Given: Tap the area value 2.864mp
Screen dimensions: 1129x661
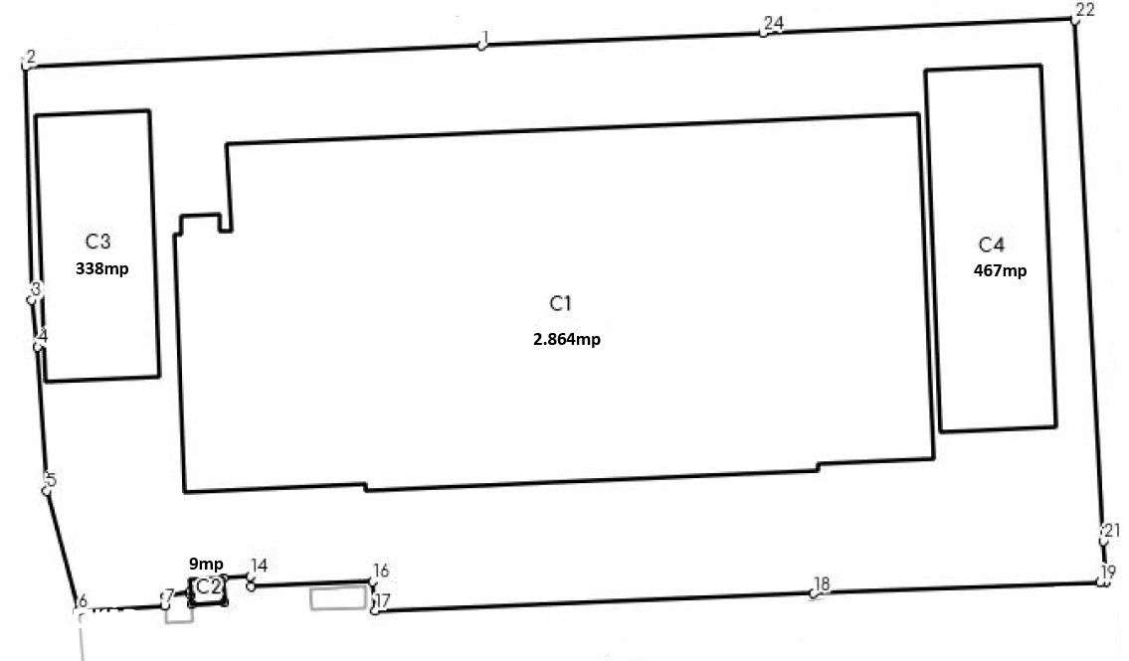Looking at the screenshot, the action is pos(566,339).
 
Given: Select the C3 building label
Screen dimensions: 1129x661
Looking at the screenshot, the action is pos(96,242).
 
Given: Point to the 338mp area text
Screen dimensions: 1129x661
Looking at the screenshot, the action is pos(102,268).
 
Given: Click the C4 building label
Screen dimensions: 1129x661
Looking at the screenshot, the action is pos(992,246).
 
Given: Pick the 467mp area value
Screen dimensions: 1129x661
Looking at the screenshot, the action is pos(1000,270).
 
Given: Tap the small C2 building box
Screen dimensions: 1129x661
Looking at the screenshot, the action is pos(208,588).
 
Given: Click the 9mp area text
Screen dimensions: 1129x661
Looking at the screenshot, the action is pos(206,564).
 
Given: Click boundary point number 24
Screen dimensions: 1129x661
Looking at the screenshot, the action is pos(764,32).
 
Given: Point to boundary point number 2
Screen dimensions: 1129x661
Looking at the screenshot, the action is pos(25,66).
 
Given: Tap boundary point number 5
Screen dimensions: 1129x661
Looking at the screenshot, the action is pos(46,489).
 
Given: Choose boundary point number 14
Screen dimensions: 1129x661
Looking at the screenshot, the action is pos(251,585).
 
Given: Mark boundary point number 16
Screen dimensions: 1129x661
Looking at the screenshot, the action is pos(373,582).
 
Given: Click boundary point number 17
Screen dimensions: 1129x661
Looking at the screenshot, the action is pos(374,609).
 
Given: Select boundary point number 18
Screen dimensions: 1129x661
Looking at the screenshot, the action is pos(815,593).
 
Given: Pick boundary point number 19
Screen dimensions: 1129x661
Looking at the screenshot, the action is pos(1102,582).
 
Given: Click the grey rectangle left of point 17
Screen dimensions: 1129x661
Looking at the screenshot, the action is pos(338,597).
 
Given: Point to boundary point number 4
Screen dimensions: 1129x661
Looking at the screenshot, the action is pos(38,346).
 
